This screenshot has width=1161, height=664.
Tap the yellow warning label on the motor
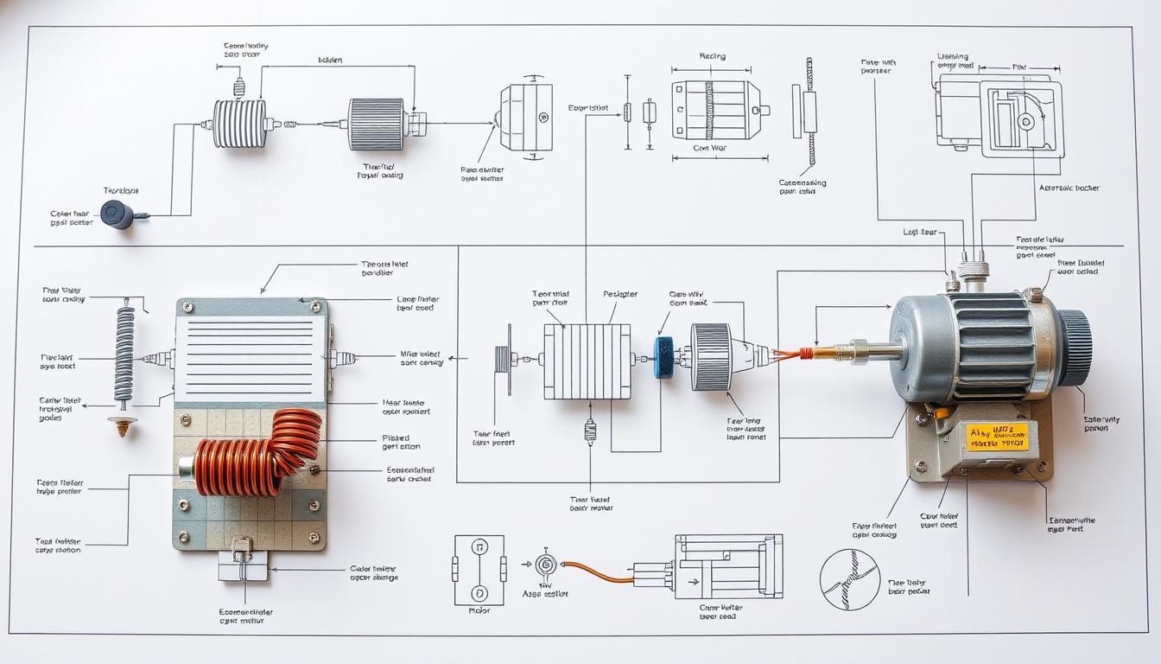[x=998, y=437]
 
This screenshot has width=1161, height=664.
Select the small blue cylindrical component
[x=664, y=357]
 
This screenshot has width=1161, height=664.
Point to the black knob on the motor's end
[x=1075, y=348]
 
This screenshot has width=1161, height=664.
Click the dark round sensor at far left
[x=117, y=214]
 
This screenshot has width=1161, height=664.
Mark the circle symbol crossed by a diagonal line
[x=849, y=579]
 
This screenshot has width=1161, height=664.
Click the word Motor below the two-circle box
[x=479, y=610]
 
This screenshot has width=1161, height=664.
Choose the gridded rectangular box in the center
[x=587, y=361]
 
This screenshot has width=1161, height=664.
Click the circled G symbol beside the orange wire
[x=544, y=565]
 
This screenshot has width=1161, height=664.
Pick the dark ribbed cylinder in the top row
[x=377, y=124]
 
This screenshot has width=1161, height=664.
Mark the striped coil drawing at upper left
[x=240, y=124]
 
